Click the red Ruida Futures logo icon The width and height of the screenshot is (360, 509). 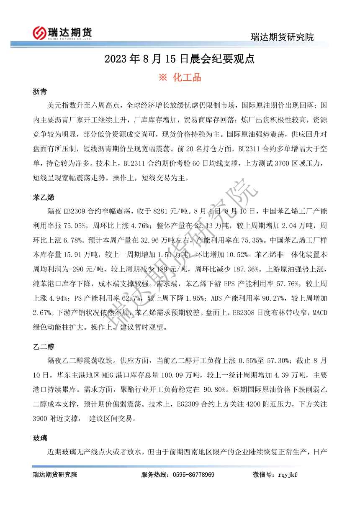click(39, 32)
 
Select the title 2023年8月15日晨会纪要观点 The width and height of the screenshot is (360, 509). click(180, 59)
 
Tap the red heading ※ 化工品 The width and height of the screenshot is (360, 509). click(180, 77)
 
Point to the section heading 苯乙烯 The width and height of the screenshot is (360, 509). click(43, 197)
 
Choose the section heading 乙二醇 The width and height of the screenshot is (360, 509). click(43, 347)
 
